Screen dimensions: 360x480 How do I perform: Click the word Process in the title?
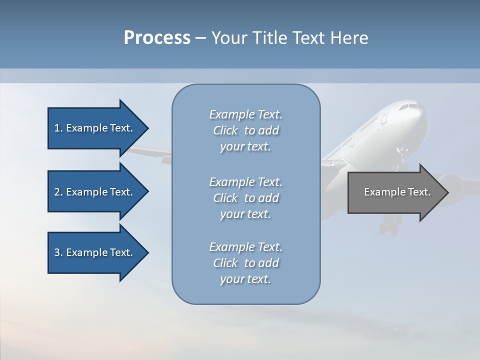click(x=157, y=38)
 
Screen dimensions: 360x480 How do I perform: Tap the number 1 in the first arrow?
click(x=57, y=128)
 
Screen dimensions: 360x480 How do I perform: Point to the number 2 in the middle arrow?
click(x=57, y=192)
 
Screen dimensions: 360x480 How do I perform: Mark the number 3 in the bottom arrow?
click(x=57, y=252)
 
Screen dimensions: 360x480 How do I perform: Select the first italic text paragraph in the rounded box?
click(x=245, y=130)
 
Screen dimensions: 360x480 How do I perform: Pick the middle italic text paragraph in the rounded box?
click(x=245, y=198)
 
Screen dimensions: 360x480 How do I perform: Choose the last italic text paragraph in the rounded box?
click(x=245, y=263)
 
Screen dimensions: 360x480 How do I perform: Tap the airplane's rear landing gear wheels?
click(x=388, y=228)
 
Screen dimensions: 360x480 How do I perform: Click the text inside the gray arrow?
click(x=397, y=192)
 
